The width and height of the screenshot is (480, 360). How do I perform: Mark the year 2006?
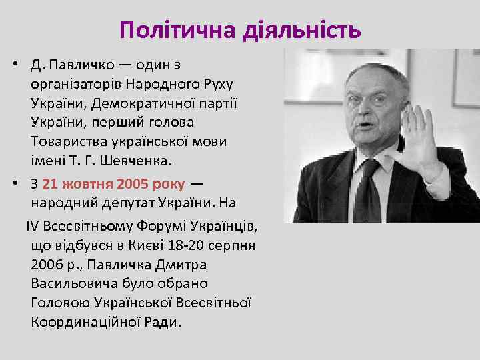[45, 264]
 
